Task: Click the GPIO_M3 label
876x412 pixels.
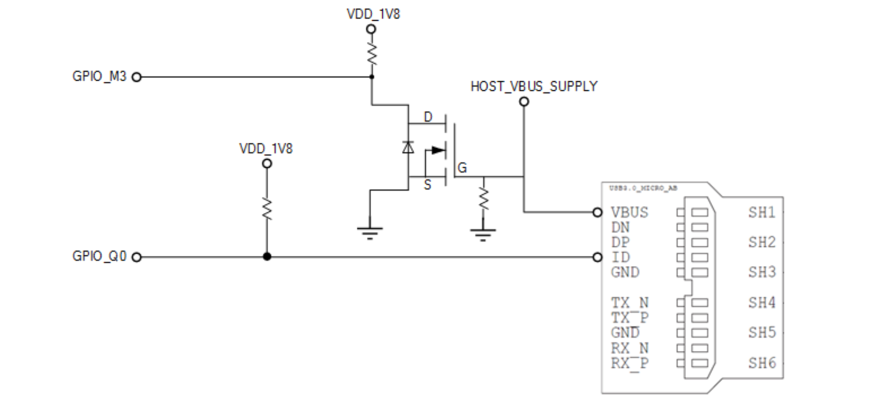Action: (x=99, y=76)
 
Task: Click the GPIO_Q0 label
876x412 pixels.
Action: (x=99, y=256)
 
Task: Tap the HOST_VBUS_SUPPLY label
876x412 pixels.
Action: (x=534, y=87)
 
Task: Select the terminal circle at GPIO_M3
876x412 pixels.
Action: (x=136, y=77)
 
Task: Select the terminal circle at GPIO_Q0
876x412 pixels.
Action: (x=136, y=257)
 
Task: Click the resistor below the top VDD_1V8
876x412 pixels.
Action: (x=372, y=54)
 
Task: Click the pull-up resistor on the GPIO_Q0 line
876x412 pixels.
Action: (x=267, y=209)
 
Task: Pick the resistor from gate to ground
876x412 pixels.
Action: (x=483, y=198)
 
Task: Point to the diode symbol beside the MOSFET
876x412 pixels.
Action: (x=408, y=147)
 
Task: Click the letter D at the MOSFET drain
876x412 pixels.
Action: (x=427, y=117)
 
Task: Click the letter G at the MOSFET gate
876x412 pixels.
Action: (x=462, y=168)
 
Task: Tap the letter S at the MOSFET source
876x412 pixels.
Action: (x=427, y=185)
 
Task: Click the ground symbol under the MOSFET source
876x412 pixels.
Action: (x=370, y=232)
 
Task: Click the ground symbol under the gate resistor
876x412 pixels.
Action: (x=483, y=234)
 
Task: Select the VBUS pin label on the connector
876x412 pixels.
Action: (x=629, y=212)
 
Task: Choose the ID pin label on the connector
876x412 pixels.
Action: (x=621, y=257)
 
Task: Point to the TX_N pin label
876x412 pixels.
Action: (x=629, y=303)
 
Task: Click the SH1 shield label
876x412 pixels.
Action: (x=762, y=212)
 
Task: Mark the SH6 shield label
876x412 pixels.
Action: (x=762, y=363)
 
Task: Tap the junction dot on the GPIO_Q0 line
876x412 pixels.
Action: (x=267, y=257)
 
